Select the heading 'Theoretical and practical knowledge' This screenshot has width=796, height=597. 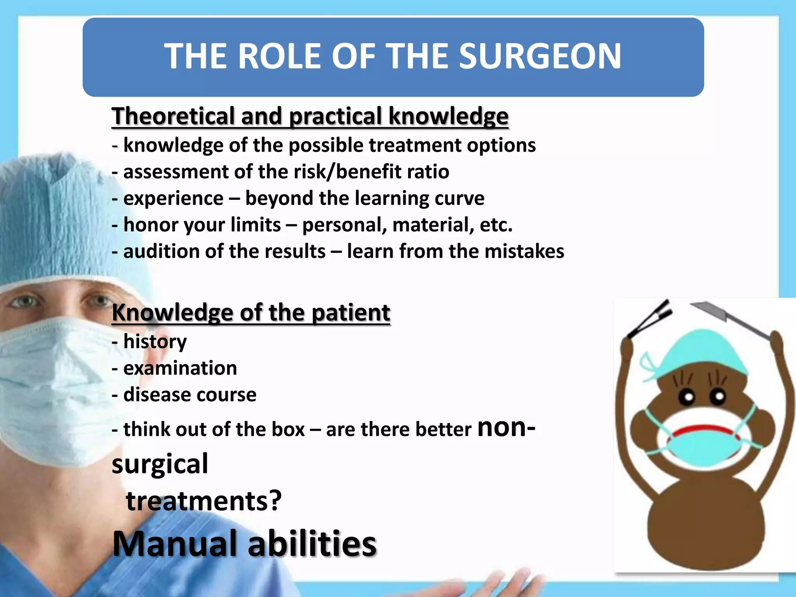tap(310, 116)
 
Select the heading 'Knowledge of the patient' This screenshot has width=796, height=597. tap(251, 312)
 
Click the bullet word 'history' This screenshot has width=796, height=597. tap(155, 342)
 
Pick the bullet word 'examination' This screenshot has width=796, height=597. tap(180, 368)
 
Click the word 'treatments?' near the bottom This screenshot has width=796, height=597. tap(204, 501)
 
